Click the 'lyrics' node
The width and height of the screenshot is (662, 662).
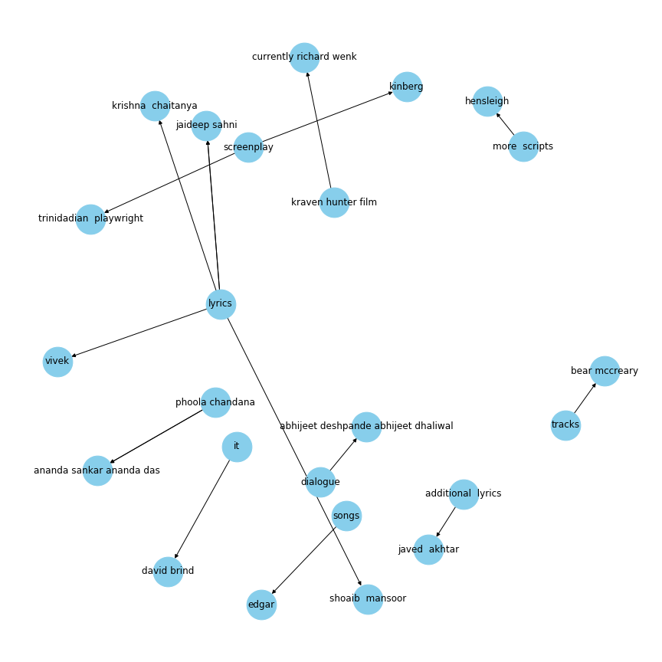(x=221, y=304)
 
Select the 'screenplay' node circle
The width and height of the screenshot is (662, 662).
(x=249, y=147)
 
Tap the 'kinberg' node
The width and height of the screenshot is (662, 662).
(x=407, y=87)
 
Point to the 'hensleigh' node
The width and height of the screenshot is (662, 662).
(x=487, y=101)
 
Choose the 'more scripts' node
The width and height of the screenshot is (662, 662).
(x=523, y=146)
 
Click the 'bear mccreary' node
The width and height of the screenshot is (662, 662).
(x=605, y=371)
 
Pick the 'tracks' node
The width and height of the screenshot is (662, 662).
(x=565, y=425)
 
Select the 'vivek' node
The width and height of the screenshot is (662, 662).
(x=57, y=362)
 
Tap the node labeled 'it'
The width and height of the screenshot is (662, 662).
(x=238, y=447)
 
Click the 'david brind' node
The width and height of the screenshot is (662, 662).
(x=168, y=572)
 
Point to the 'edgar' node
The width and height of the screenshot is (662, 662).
(x=262, y=605)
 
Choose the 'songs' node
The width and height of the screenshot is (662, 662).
(x=346, y=516)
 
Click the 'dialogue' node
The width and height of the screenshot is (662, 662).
(x=320, y=482)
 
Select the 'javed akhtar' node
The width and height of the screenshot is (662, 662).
(x=428, y=549)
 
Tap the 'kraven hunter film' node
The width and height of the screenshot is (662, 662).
(x=334, y=202)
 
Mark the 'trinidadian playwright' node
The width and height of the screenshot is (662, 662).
(x=90, y=219)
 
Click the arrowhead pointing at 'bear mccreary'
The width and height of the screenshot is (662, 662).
(x=594, y=385)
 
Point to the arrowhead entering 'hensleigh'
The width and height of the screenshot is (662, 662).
(x=498, y=115)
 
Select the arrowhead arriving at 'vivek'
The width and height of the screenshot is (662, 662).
(x=74, y=356)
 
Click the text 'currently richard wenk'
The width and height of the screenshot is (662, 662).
(x=304, y=57)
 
